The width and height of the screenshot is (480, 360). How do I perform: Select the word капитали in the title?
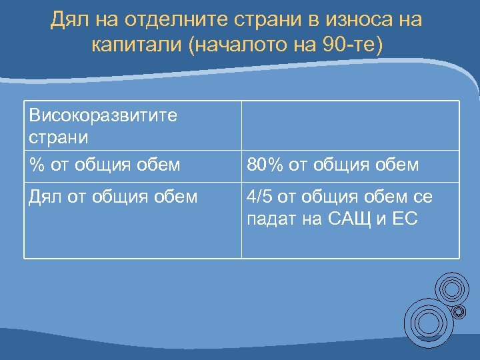point(139,46)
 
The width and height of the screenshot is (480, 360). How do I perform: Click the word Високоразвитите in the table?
point(103,115)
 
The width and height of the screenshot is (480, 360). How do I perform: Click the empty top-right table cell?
point(350,126)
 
